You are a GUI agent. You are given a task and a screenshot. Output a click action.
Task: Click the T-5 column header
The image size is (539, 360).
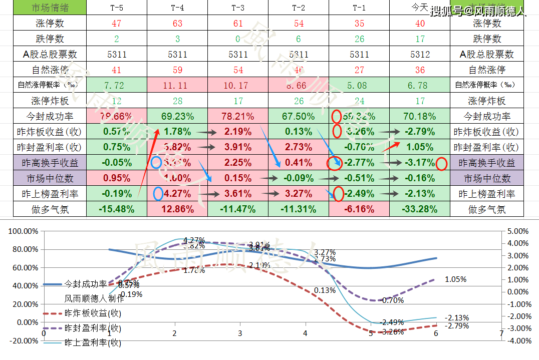click(117, 8)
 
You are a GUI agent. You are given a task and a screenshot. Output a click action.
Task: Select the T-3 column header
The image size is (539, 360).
click(238, 8)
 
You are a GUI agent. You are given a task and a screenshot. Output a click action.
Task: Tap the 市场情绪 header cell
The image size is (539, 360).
click(44, 8)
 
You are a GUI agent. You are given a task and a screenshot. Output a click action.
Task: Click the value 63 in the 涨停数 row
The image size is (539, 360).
click(177, 23)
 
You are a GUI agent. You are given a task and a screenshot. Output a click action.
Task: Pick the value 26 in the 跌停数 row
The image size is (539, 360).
click(359, 39)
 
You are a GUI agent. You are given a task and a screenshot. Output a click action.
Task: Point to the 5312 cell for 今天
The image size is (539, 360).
click(420, 54)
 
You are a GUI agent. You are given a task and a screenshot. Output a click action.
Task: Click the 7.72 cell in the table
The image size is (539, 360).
click(117, 85)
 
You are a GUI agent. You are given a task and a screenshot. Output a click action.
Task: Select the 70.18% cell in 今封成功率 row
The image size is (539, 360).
click(420, 116)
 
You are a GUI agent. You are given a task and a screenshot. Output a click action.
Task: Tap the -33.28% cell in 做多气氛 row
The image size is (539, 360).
click(420, 209)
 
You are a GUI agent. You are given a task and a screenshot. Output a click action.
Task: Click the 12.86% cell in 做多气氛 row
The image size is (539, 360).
click(177, 209)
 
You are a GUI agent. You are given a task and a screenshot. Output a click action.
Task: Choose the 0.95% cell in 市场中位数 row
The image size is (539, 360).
click(117, 178)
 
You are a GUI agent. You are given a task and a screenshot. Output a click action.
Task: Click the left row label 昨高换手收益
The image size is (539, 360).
click(44, 163)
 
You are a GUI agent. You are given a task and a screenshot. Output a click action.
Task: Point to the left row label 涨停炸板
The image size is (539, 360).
click(44, 101)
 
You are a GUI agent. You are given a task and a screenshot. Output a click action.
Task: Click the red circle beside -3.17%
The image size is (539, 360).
click(441, 163)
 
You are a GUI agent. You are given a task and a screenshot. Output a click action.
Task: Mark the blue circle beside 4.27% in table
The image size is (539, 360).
click(158, 193)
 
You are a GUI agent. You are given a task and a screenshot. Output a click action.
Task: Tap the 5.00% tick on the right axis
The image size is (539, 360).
click(517, 231)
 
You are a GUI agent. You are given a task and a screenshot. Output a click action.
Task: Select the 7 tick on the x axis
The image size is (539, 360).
click(501, 333)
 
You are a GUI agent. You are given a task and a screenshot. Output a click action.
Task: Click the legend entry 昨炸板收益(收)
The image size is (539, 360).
click(93, 313)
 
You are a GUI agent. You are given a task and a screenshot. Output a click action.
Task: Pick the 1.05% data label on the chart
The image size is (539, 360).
click(455, 279)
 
